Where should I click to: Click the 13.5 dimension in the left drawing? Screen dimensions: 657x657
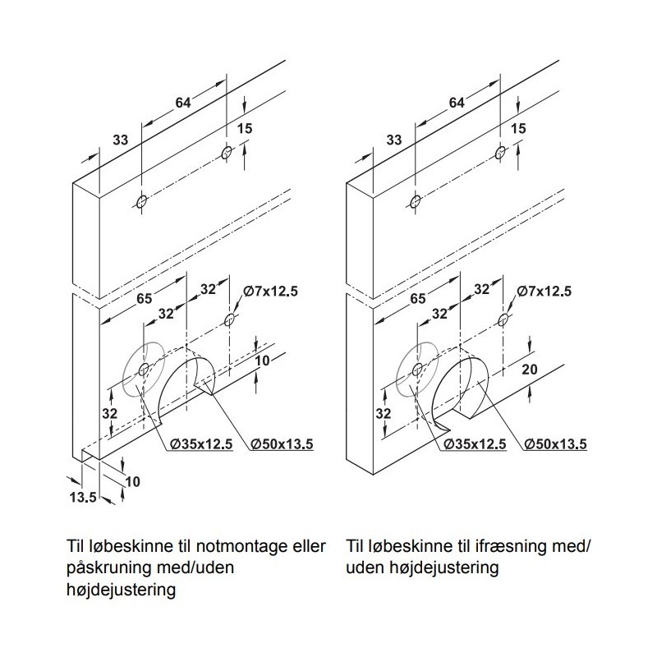[83, 498]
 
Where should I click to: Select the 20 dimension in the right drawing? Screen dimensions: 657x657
[530, 369]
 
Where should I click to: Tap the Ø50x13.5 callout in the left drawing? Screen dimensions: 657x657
[282, 443]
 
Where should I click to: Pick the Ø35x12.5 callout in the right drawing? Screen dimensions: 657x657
[475, 443]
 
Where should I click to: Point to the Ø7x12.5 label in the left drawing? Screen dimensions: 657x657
[270, 291]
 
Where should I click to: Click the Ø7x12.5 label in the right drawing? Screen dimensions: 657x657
[544, 291]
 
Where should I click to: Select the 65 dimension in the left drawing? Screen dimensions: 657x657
[145, 298]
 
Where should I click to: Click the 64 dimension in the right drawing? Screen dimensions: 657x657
[457, 103]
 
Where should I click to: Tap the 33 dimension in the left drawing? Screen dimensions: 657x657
[120, 140]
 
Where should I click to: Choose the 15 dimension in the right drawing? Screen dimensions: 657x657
[518, 128]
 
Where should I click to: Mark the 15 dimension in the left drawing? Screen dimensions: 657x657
[245, 128]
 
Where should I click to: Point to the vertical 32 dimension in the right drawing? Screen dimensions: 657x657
[383, 414]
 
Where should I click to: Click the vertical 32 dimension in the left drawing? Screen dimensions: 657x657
[110, 414]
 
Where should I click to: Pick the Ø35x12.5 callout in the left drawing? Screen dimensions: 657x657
[201, 443]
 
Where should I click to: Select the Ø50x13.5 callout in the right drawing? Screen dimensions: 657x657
[556, 443]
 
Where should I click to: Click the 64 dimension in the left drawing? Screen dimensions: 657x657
[182, 103]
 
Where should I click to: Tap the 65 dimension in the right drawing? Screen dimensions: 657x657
[418, 298]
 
